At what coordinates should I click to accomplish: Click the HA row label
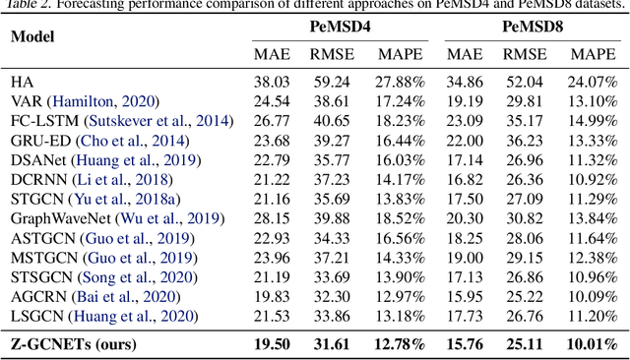pyautogui.click(x=22, y=83)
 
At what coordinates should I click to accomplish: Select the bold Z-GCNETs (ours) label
pyautogui.click(x=74, y=343)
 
